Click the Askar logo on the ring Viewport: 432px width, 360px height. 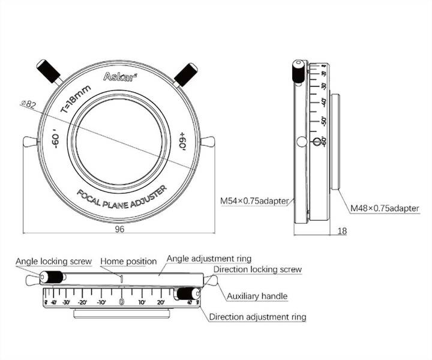(115, 77)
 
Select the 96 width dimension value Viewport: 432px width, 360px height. (119, 229)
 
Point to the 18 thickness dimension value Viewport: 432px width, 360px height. (342, 230)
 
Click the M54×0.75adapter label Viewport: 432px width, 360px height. (254, 200)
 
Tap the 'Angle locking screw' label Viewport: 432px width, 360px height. (53, 262)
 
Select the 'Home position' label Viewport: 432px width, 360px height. (128, 262)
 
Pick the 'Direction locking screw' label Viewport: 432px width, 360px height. (257, 269)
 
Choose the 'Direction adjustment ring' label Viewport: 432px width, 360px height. (257, 317)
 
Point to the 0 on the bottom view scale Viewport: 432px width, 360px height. (122, 302)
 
